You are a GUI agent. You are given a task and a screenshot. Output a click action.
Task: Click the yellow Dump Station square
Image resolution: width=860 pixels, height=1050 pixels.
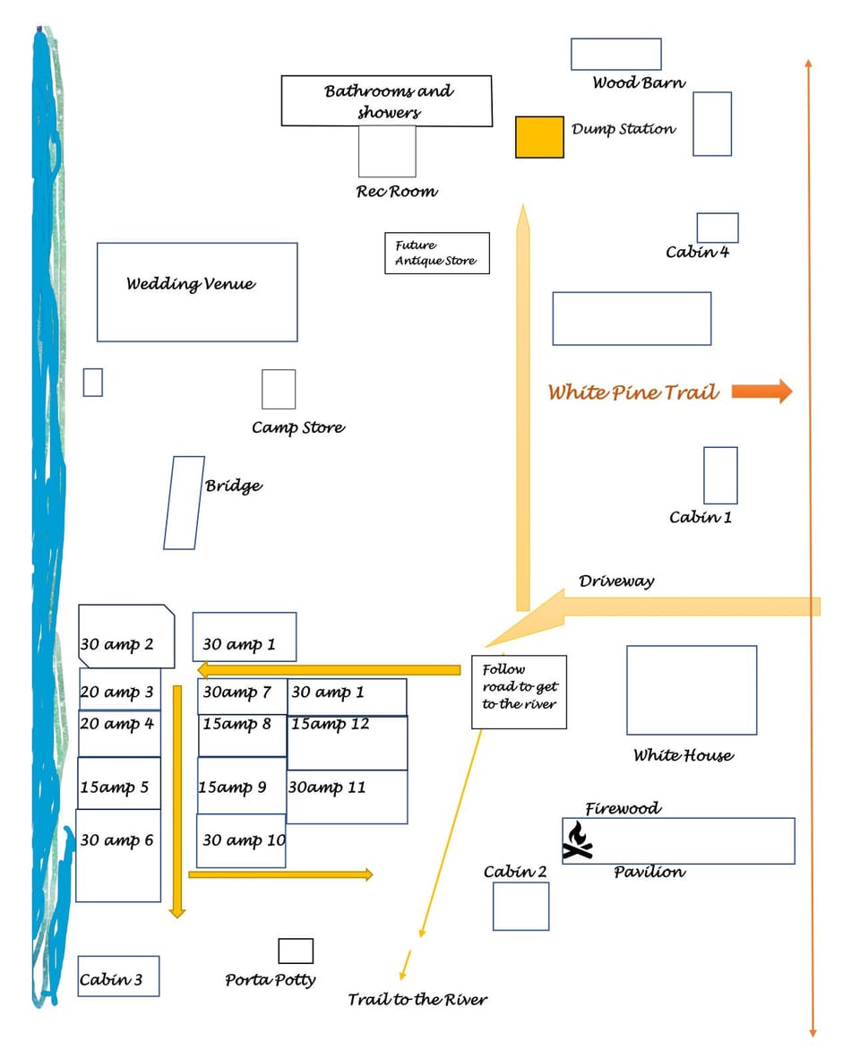click(x=539, y=137)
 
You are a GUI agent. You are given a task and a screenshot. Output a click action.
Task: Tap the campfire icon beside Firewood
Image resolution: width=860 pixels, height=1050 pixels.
click(x=578, y=842)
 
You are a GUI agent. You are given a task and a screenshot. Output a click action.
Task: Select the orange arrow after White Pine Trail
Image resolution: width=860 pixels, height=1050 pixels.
click(x=761, y=391)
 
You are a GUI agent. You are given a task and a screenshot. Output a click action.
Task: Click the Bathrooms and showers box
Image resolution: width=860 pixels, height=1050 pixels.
click(x=387, y=100)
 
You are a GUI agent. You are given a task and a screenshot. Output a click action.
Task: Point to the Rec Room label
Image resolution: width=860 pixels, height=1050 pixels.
click(x=397, y=191)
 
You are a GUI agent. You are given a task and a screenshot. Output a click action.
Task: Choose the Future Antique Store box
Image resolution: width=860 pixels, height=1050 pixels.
click(x=436, y=253)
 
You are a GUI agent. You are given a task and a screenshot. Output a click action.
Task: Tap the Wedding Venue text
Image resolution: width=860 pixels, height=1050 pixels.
click(x=190, y=284)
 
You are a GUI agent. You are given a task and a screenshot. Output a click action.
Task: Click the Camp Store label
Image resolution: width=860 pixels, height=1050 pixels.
click(x=297, y=427)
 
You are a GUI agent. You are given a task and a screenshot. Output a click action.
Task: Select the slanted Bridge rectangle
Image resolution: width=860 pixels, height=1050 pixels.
click(x=184, y=503)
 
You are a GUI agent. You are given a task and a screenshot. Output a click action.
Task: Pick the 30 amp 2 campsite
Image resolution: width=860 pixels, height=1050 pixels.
click(x=125, y=636)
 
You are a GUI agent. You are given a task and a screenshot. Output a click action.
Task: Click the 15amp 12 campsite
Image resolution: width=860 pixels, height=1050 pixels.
click(x=347, y=742)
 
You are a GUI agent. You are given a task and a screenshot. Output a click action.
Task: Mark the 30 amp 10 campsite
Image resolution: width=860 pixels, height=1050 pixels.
click(x=241, y=840)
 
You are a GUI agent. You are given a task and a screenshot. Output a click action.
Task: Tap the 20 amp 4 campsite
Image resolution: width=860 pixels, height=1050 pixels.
click(x=119, y=734)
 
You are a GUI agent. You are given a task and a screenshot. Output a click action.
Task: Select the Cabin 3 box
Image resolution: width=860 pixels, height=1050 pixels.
click(x=118, y=977)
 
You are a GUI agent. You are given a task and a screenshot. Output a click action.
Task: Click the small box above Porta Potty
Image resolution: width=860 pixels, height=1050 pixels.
click(x=296, y=951)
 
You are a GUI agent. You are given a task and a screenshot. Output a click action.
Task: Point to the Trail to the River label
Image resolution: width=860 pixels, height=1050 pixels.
click(x=417, y=999)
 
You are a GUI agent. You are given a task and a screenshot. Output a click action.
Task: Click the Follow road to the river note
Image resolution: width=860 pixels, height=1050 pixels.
click(x=519, y=692)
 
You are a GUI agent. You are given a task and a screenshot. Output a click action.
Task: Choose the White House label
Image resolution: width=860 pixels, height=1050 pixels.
click(x=683, y=755)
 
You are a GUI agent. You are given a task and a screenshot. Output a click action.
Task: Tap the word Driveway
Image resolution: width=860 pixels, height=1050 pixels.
click(x=616, y=581)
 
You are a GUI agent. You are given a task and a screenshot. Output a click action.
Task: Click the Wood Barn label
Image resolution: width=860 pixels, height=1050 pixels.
click(x=639, y=82)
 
